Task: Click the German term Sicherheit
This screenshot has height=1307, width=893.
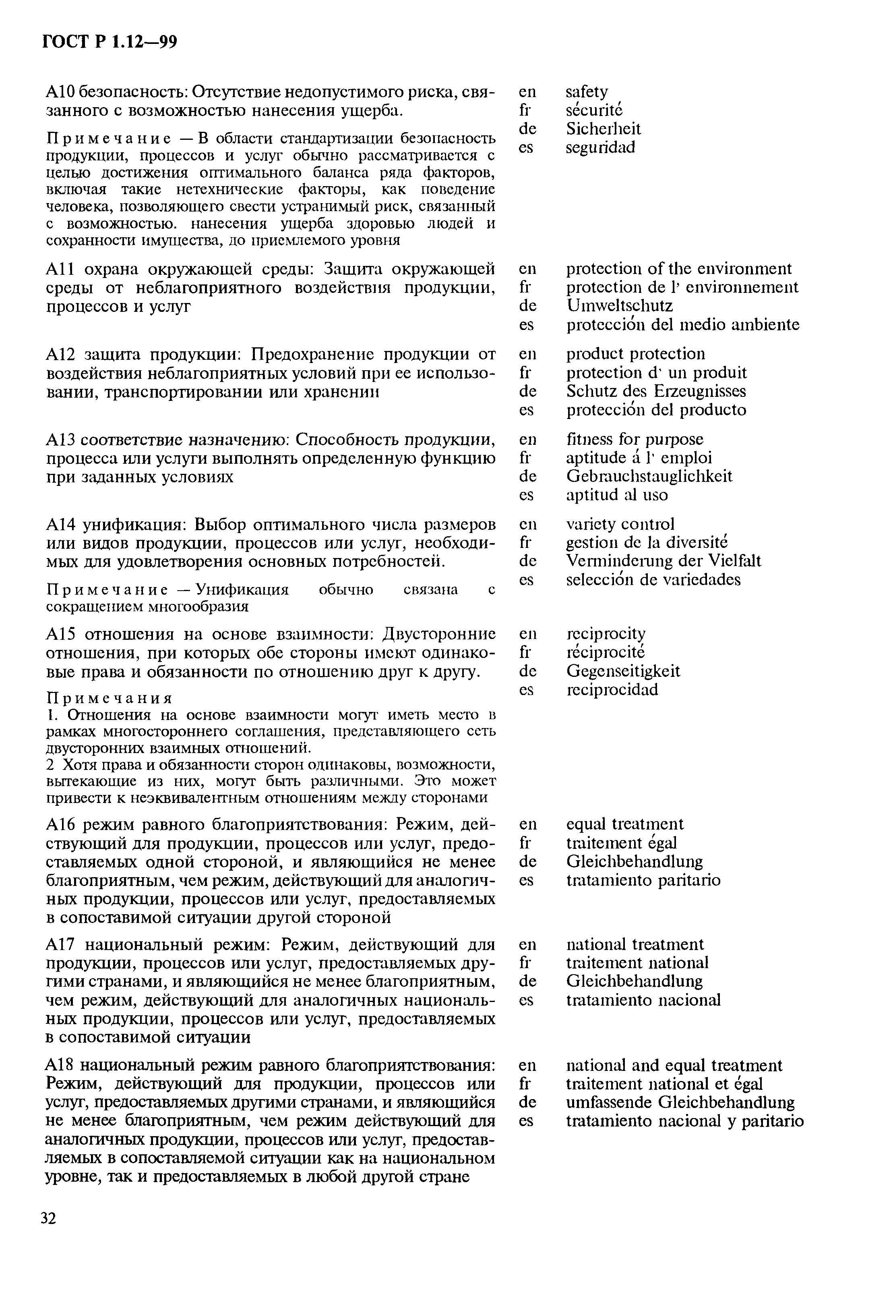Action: click(603, 129)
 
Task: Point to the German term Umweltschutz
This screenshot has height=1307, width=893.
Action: click(619, 306)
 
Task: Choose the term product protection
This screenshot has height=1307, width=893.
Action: click(635, 354)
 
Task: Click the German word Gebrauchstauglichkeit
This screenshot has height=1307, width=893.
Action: click(649, 476)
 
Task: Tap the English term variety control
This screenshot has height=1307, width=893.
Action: click(620, 524)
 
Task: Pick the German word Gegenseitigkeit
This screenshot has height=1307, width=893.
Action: click(623, 671)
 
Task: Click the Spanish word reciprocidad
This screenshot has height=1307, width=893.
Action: click(612, 689)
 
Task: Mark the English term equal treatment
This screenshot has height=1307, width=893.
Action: click(624, 824)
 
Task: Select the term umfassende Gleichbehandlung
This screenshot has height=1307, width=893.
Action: click(680, 1102)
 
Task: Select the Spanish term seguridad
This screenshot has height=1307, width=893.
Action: click(600, 147)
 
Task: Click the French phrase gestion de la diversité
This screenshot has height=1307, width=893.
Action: click(646, 543)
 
